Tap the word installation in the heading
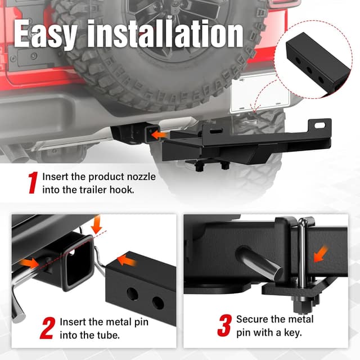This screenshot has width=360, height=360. (x=169, y=35)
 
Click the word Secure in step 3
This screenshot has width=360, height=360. (x=251, y=319)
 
